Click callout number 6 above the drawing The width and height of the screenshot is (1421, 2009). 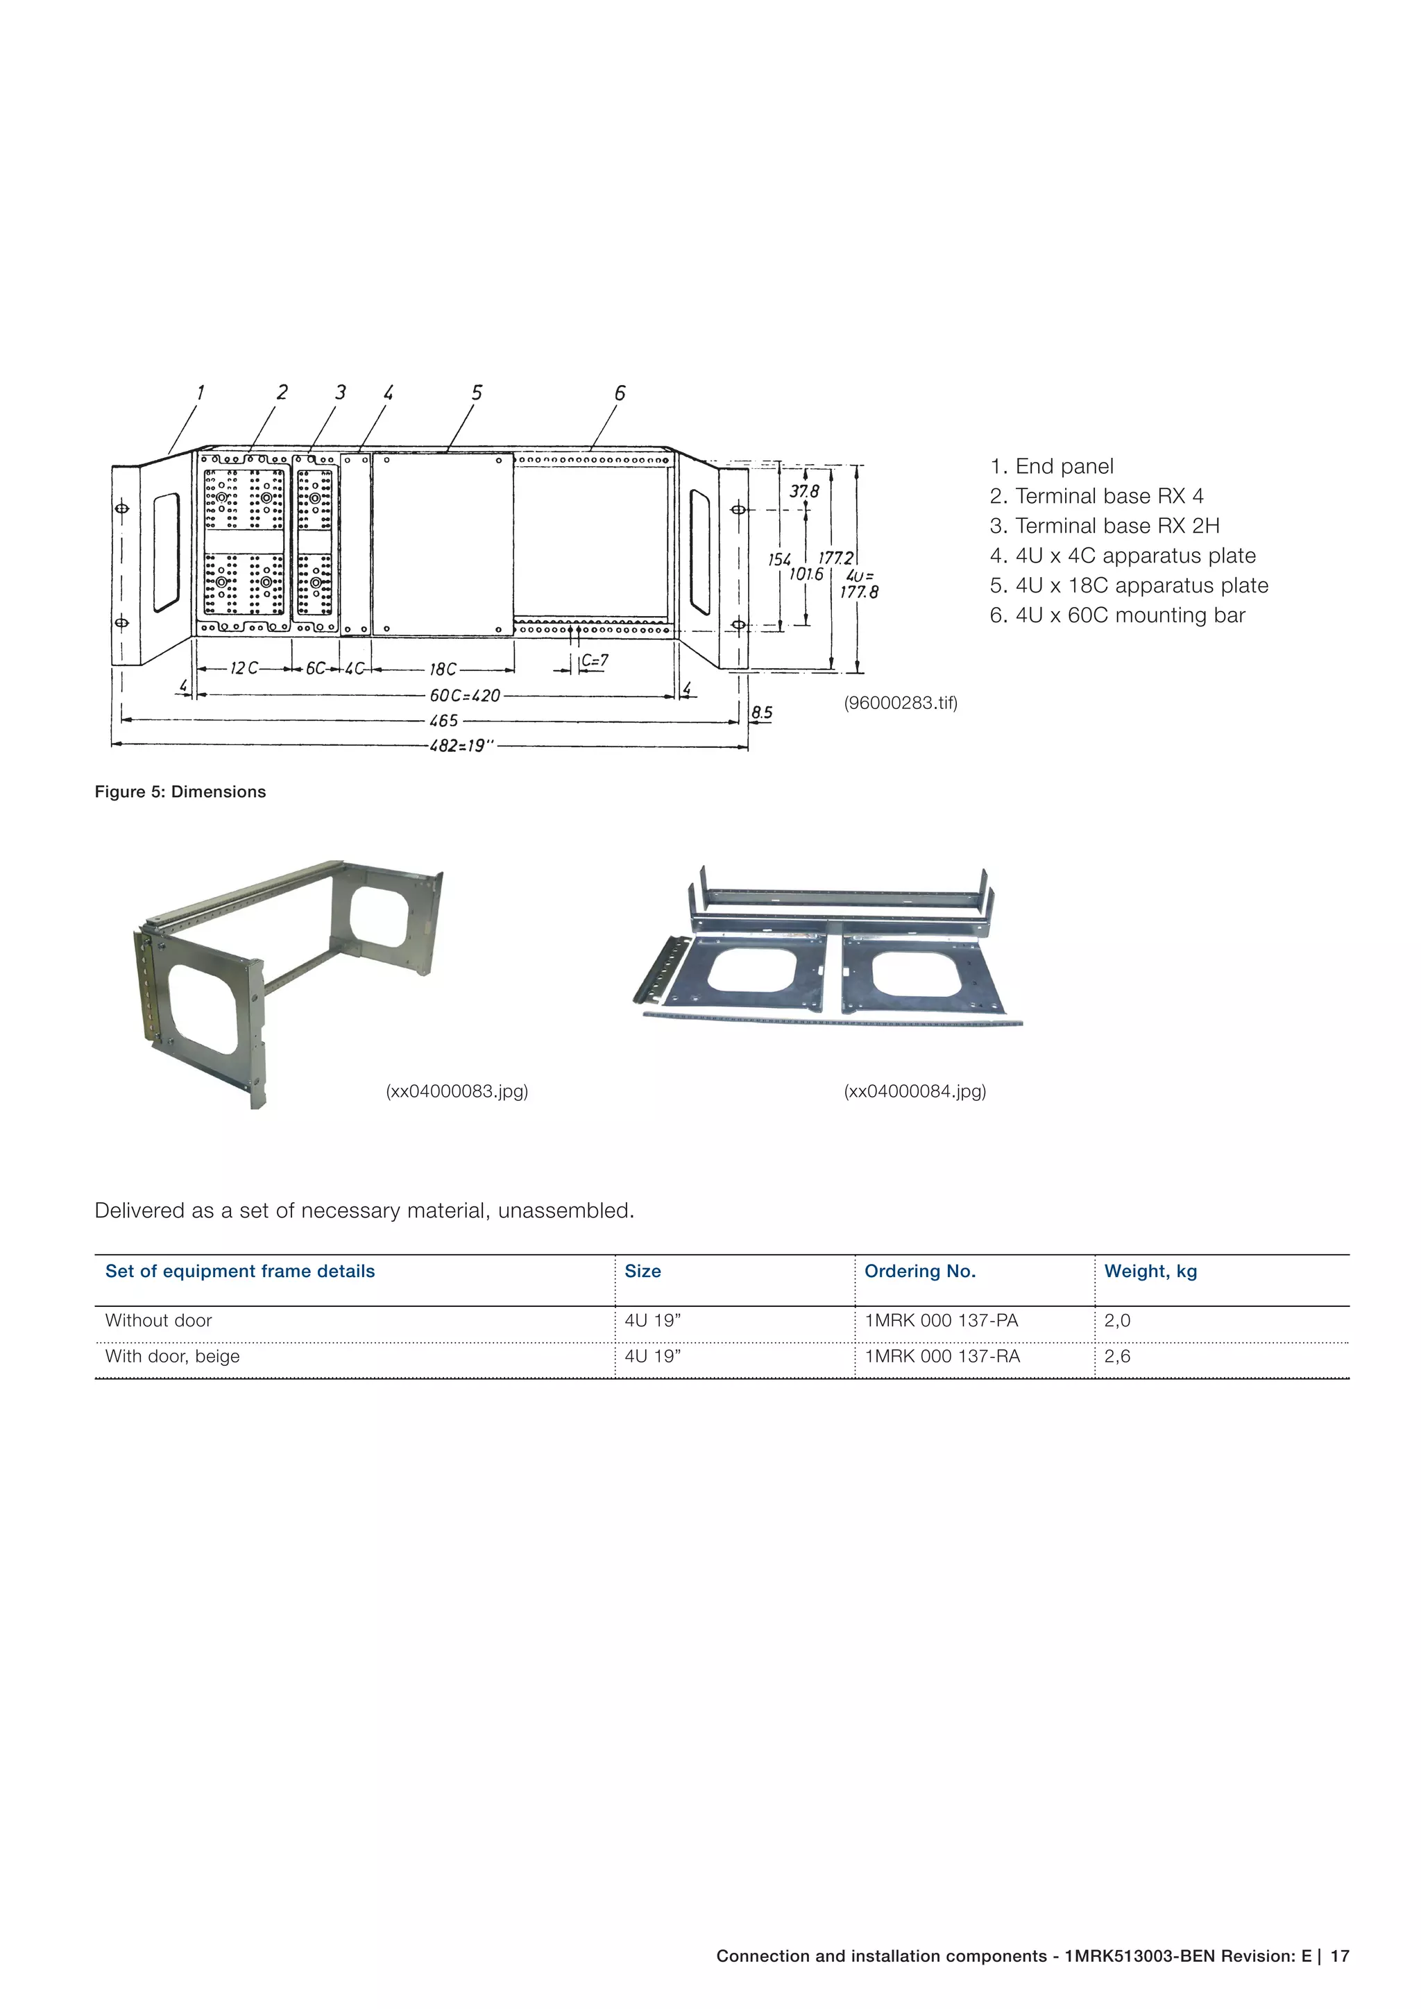point(620,393)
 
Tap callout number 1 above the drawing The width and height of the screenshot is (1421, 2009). point(201,392)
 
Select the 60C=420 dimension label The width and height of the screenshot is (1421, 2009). point(465,696)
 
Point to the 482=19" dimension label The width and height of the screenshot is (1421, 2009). point(461,746)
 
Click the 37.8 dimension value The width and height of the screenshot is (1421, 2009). point(804,492)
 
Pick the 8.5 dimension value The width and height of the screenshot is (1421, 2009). point(762,712)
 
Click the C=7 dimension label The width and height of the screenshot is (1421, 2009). point(595,662)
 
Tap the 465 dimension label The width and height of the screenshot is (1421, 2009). point(443,721)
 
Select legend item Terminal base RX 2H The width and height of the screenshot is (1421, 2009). point(1104,526)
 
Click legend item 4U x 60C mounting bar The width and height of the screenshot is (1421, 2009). point(1116,615)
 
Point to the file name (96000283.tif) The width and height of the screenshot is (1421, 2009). point(901,703)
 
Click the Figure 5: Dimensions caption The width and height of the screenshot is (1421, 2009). point(180,792)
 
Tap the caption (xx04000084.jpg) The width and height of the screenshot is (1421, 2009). point(914,1091)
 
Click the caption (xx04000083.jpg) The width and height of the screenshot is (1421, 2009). point(457,1091)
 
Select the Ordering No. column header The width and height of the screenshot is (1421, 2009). point(919,1272)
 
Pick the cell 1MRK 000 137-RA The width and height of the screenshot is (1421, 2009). point(942,1356)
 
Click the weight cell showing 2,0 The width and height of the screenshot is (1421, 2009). point(1116,1320)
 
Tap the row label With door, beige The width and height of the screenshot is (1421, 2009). point(172,1356)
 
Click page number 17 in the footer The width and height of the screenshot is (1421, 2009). point(1340,1956)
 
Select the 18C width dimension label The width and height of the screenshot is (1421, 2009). point(443,669)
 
